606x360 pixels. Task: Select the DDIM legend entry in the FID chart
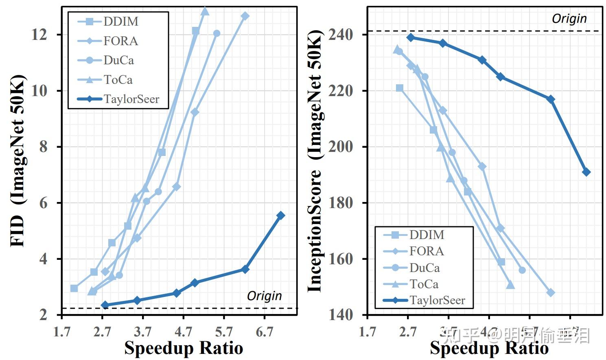pos(120,21)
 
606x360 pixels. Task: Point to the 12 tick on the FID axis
pos(39,35)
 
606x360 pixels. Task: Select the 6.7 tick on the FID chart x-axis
pos(264,332)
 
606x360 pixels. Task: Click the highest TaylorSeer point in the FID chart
pos(280,215)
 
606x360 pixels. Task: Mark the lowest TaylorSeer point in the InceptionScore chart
pos(586,172)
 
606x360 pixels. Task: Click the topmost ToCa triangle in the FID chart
pos(205,11)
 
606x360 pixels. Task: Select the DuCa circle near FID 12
pos(217,33)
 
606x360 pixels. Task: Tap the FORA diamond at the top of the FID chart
pos(245,16)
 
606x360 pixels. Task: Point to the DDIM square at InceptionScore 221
pos(400,88)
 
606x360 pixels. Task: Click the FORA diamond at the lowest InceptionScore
pos(551,292)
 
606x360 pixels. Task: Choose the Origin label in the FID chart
pos(264,296)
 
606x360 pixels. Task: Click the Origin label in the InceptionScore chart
pos(569,19)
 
